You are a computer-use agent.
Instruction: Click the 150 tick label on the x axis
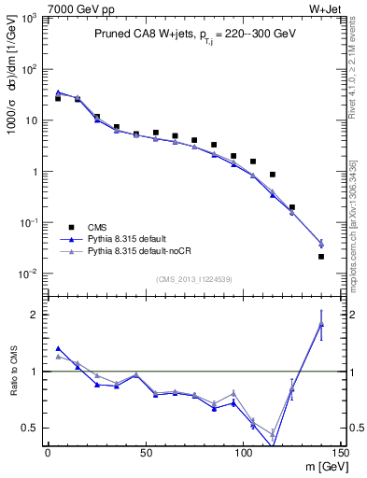341,453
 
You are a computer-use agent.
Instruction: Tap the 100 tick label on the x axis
243,453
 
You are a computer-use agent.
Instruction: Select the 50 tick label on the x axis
145,453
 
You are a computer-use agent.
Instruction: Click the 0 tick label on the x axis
48,453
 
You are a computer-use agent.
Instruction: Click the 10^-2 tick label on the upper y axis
27,274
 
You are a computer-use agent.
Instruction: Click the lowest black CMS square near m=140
321,257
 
